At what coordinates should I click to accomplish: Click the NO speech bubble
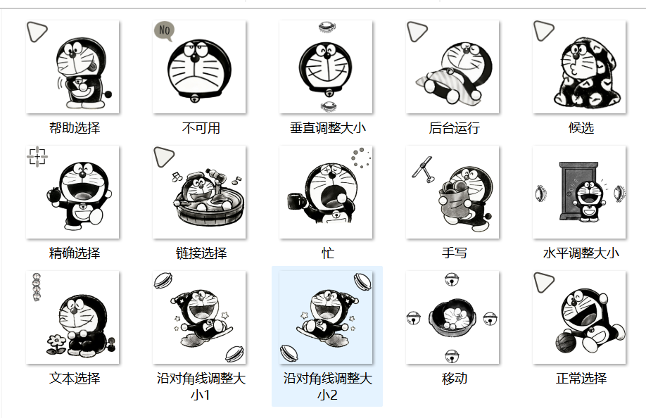(164, 31)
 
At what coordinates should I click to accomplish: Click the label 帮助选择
(74, 128)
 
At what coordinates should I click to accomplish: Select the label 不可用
(201, 128)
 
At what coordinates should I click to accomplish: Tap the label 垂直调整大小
(327, 128)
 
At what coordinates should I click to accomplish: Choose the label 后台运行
(454, 128)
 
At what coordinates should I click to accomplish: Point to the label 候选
(581, 128)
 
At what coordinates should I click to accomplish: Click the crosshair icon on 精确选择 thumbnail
(37, 156)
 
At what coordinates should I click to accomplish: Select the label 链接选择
(201, 253)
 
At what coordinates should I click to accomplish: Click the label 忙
(327, 253)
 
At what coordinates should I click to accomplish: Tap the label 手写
(454, 253)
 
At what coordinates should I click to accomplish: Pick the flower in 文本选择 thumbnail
(56, 344)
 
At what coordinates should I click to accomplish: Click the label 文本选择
(74, 379)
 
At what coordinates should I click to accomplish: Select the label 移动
(454, 379)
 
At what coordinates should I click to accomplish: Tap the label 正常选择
(581, 379)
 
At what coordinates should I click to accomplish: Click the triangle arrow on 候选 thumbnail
(543, 31)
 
